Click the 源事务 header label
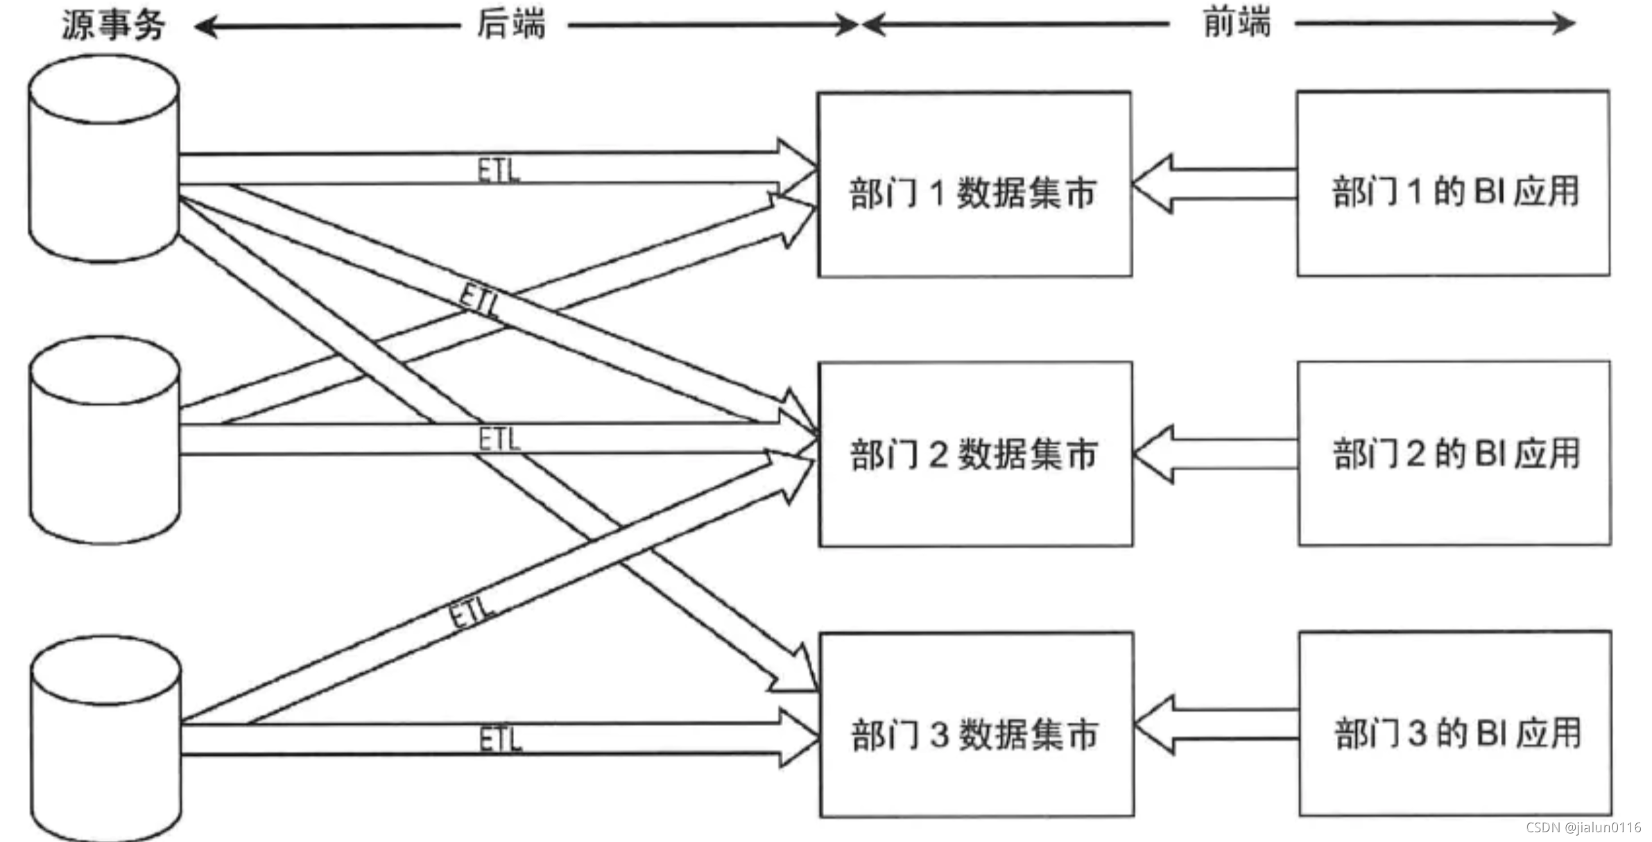tap(113, 26)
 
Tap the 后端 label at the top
tap(511, 24)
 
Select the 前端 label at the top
tap(1237, 23)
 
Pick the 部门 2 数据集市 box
tap(974, 454)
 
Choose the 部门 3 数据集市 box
tap(976, 725)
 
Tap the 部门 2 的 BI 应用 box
tap(1454, 454)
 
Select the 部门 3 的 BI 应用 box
tap(1455, 724)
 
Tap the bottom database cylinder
tap(106, 739)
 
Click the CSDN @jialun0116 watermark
tap(1583, 827)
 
